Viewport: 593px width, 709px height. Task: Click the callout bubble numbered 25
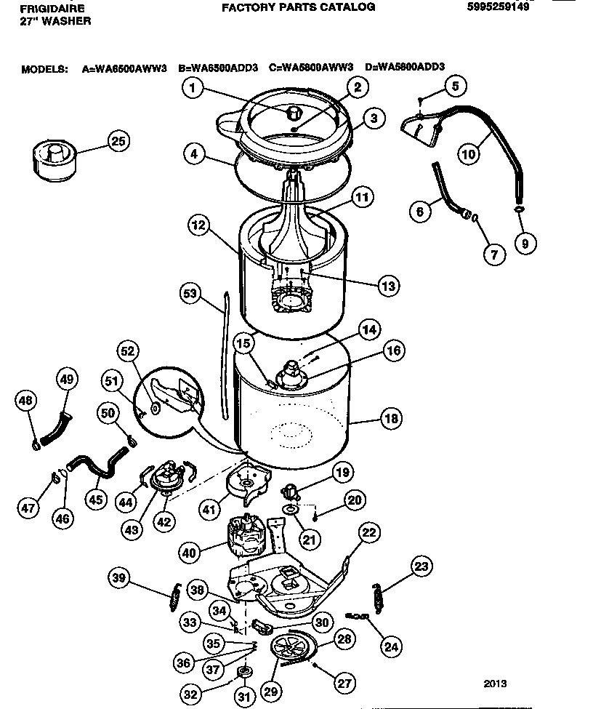point(116,141)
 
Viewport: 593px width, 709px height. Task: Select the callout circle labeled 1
point(192,89)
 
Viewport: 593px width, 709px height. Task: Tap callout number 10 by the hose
point(469,153)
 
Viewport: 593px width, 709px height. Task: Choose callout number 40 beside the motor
point(190,552)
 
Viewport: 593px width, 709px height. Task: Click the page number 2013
point(495,684)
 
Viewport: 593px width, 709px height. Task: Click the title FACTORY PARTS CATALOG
point(298,7)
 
